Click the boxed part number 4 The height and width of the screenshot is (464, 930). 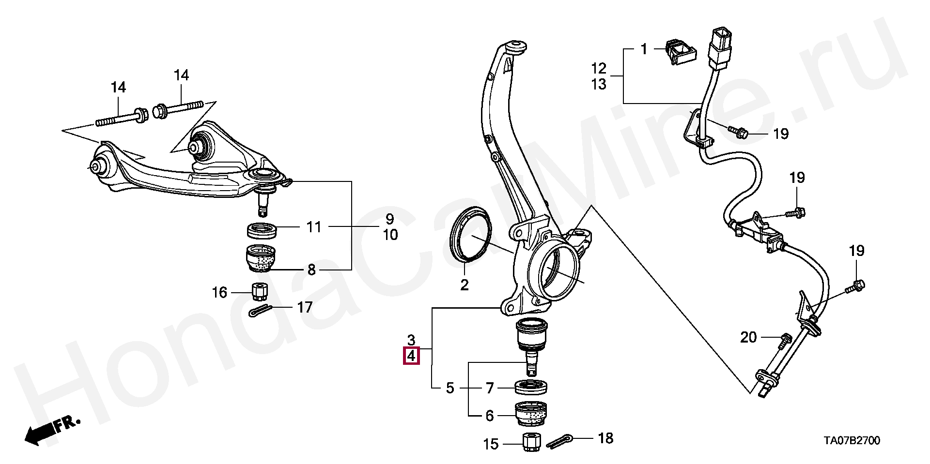[x=411, y=356]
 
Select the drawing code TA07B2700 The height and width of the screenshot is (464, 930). [x=852, y=441]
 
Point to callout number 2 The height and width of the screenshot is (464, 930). [x=465, y=285]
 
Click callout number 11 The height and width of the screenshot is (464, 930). [x=314, y=226]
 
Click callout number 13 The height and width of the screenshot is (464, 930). [x=599, y=84]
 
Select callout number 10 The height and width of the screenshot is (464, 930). [x=390, y=235]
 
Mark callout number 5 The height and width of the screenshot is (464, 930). [x=450, y=388]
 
